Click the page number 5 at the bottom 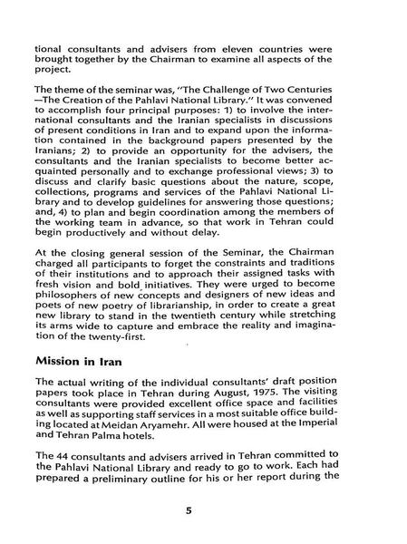[189, 510]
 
